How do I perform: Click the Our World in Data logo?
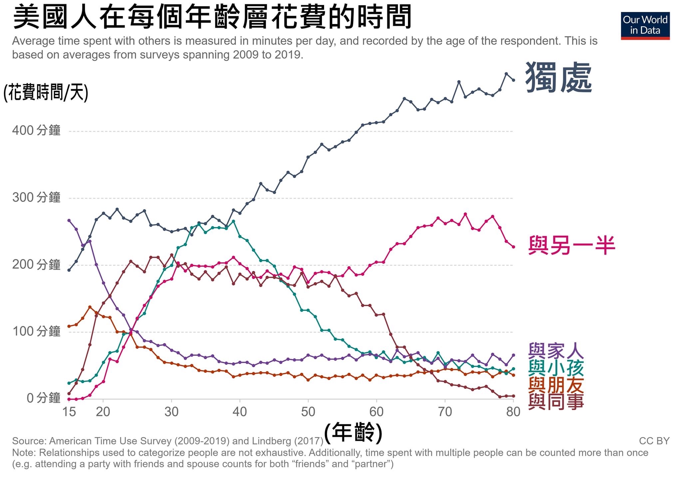coord(645,26)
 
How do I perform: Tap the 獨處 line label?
coord(558,78)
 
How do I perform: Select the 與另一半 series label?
coord(571,245)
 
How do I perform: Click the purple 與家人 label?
coord(556,351)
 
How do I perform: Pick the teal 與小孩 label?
coord(556,368)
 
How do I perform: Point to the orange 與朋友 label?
coord(556,385)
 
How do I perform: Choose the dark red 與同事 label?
coord(556,401)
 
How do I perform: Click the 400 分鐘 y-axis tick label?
coord(36,130)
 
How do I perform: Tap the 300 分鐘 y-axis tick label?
coord(36,197)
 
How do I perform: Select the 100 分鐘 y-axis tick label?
coord(36,332)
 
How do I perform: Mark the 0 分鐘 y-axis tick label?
coord(43,398)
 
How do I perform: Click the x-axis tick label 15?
coord(69,412)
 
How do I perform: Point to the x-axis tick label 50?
coord(308,412)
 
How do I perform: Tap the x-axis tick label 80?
coord(513,412)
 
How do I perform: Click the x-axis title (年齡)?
coord(353,432)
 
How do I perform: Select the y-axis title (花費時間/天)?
coord(46,92)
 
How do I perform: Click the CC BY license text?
coord(654,441)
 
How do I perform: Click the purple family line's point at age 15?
coord(69,220)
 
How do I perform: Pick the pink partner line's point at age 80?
coord(513,247)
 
